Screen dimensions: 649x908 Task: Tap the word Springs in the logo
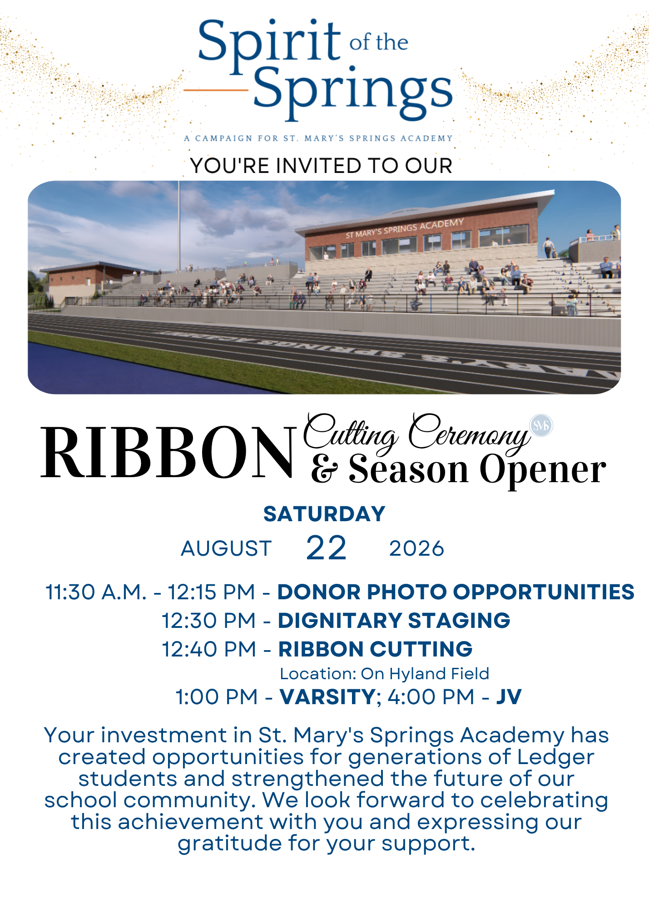[x=353, y=93]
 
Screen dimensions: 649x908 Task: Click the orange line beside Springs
[x=216, y=90]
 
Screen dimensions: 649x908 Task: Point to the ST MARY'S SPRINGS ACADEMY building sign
[x=405, y=228]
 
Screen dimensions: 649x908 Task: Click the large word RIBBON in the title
[x=168, y=453]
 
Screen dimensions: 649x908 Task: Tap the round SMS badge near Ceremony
[x=541, y=426]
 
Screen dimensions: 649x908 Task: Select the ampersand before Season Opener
[x=325, y=469]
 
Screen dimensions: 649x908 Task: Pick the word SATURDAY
[x=324, y=514]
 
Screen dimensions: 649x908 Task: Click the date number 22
[x=326, y=548]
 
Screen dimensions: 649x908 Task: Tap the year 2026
[x=416, y=549]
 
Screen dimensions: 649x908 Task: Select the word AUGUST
[x=226, y=549]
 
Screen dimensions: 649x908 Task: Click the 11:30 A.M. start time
[x=96, y=592]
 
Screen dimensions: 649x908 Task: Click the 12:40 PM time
[x=209, y=649]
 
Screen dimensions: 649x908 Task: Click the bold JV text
[x=509, y=697]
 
